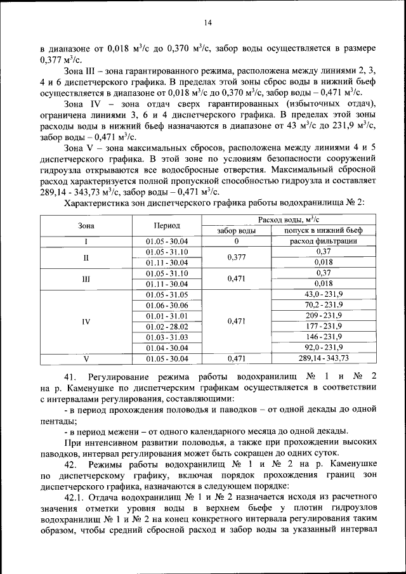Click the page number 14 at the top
[x=207, y=23]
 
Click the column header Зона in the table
[x=86, y=225]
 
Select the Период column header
[x=167, y=225]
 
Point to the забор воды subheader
[x=235, y=230]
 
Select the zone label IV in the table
[x=86, y=322]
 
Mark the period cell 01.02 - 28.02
[x=167, y=326]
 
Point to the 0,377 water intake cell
[x=235, y=257]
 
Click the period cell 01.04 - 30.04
[x=167, y=348]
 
